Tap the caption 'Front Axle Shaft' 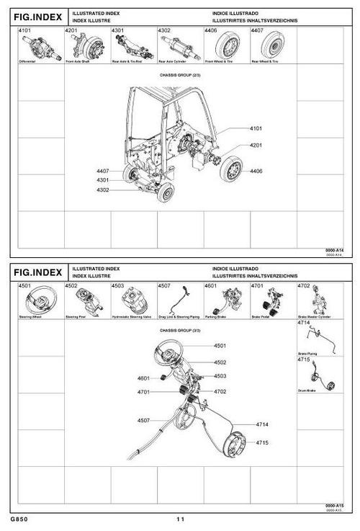tap(76, 62)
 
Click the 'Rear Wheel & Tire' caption tap(264, 62)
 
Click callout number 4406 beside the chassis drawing tap(256, 171)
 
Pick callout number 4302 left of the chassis tap(102, 189)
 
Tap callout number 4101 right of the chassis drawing tap(256, 128)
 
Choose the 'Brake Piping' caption tap(305, 354)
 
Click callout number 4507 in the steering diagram tap(143, 419)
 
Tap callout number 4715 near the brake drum tap(261, 442)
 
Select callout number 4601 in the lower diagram tap(143, 378)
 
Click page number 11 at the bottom tap(180, 519)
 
